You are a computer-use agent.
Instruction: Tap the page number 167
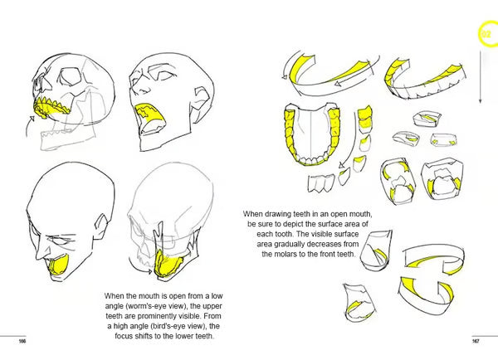pyautogui.click(x=476, y=341)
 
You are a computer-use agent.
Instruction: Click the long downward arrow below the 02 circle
pyautogui.click(x=481, y=75)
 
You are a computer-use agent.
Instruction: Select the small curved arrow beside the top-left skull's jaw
pyautogui.click(x=30, y=125)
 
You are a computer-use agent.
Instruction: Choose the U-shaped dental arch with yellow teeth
pyautogui.click(x=311, y=137)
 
